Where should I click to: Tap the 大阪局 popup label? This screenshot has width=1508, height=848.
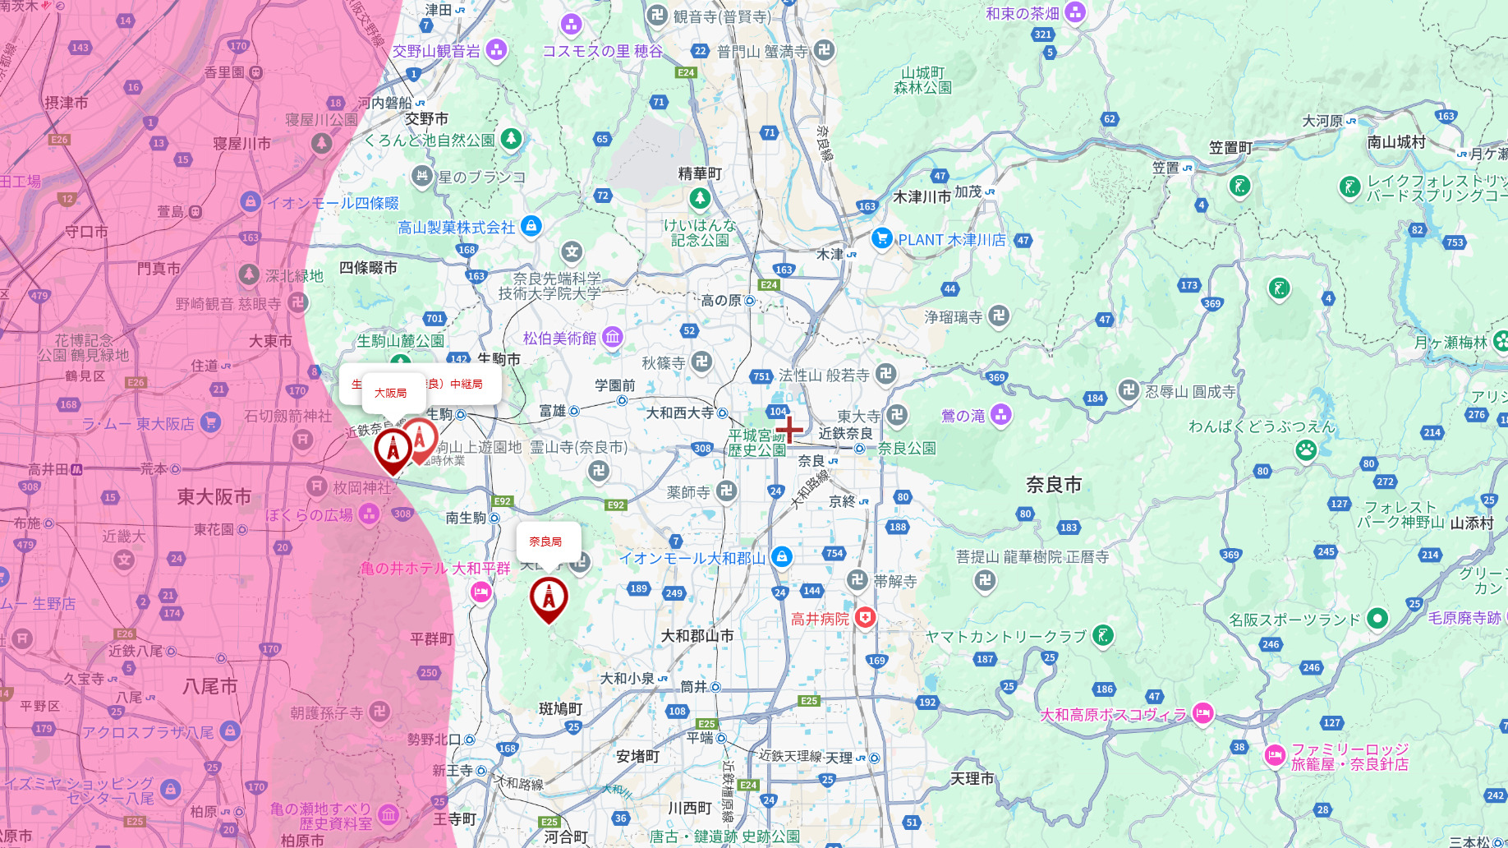(391, 394)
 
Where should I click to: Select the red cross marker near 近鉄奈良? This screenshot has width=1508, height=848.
(789, 429)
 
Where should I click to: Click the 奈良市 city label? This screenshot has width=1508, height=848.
(1054, 485)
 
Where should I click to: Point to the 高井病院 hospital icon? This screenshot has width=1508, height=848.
(865, 618)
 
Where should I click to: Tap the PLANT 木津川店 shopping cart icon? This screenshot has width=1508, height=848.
(882, 239)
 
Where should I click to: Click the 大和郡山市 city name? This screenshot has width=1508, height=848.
(697, 636)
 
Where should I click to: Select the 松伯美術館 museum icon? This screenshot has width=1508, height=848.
(613, 337)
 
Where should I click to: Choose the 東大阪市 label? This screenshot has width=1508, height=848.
(214, 497)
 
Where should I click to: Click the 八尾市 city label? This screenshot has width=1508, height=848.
(210, 686)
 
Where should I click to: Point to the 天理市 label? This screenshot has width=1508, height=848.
(972, 778)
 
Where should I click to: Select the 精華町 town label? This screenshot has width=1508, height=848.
(700, 174)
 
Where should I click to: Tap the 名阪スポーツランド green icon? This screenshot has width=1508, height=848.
(1378, 619)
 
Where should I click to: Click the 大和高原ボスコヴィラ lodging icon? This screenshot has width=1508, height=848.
(1203, 713)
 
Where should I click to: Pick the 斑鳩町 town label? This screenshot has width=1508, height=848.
(560, 708)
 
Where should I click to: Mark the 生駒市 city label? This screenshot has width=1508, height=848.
(499, 359)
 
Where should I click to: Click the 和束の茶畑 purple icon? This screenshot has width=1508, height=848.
(1075, 13)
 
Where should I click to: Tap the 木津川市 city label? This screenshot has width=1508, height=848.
(922, 197)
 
